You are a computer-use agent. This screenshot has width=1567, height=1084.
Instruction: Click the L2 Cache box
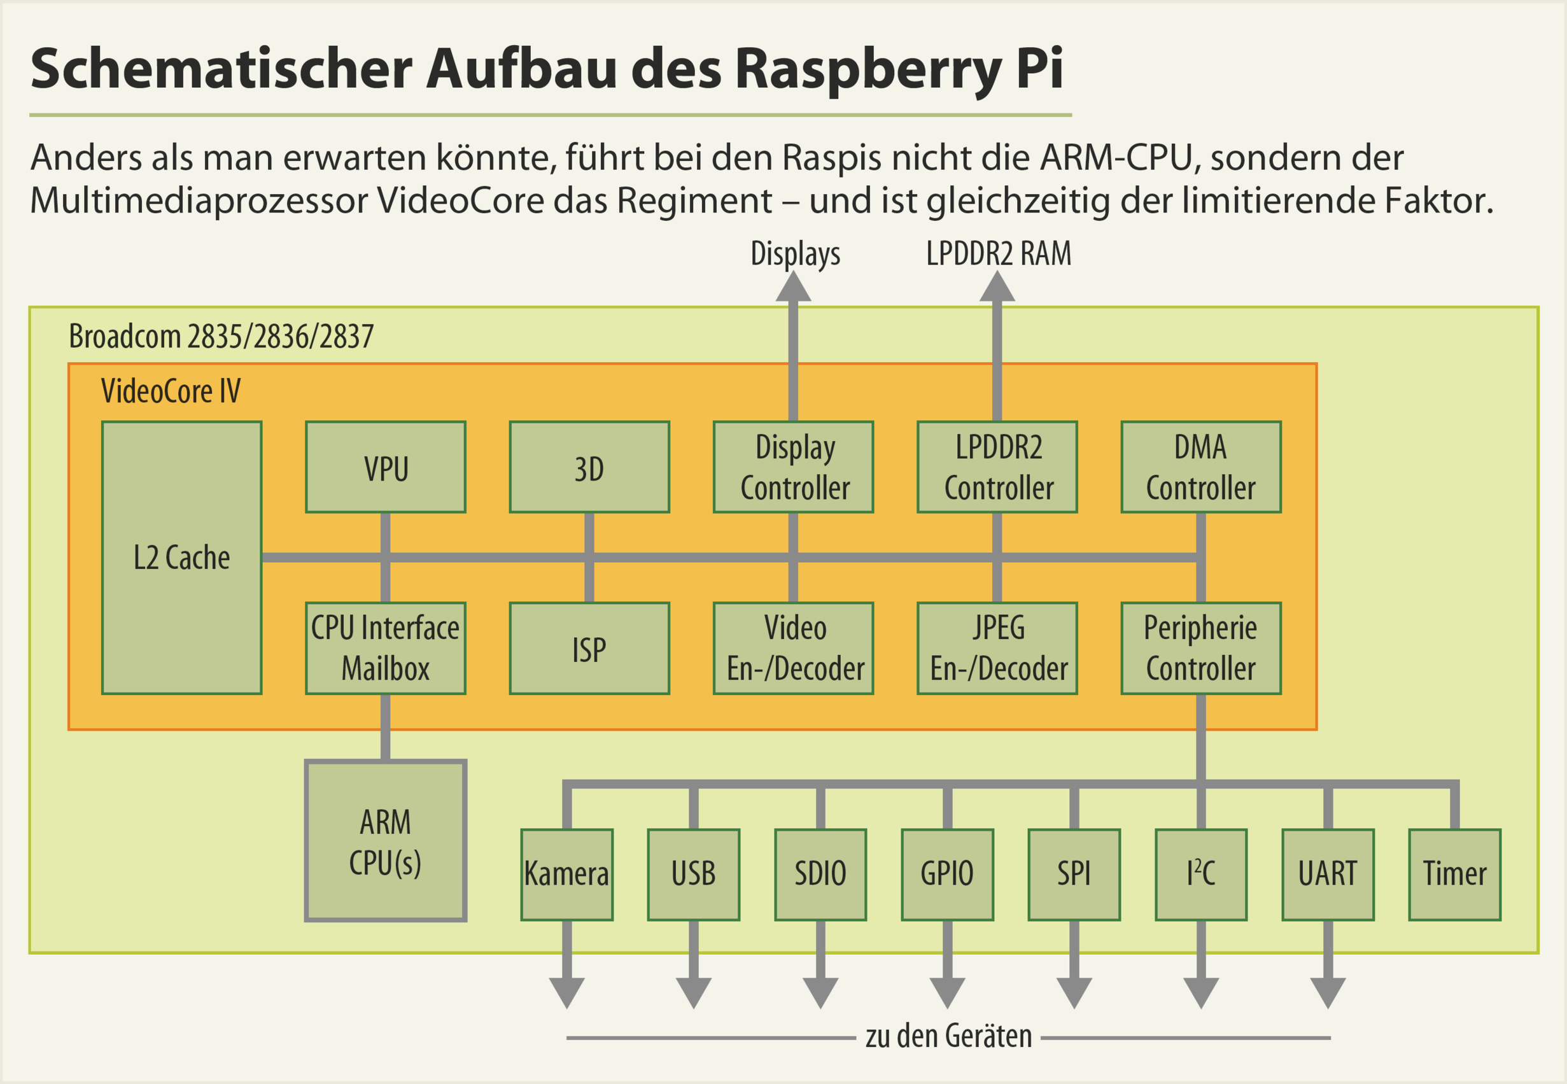[181, 558]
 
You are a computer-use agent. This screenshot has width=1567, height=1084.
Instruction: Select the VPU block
[386, 467]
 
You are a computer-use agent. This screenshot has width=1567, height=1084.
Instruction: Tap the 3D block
[589, 467]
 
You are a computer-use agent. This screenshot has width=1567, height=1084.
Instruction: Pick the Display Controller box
[793, 467]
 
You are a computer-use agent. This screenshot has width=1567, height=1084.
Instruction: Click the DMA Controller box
[1200, 467]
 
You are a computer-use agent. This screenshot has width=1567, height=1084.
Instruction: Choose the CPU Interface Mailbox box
[386, 648]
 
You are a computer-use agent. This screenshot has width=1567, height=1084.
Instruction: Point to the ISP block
[589, 648]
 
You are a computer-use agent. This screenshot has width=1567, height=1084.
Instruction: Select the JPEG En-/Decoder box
[997, 648]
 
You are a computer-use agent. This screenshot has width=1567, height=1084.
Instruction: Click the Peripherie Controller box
[1200, 648]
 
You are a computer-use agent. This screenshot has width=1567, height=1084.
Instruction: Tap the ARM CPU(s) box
[386, 841]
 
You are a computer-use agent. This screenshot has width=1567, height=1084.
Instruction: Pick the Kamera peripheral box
[567, 875]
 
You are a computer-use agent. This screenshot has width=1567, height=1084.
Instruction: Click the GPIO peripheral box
[947, 875]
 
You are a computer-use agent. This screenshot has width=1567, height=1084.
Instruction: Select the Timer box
[1454, 875]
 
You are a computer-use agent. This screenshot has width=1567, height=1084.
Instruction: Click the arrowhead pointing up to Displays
[793, 286]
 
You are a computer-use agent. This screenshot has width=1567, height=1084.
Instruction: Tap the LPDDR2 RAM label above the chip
[998, 254]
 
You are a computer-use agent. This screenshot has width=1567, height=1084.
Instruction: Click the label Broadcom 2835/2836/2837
[221, 336]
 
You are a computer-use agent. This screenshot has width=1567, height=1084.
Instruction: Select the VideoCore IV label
[171, 391]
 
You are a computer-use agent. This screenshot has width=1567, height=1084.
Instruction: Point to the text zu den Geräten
[948, 1037]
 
